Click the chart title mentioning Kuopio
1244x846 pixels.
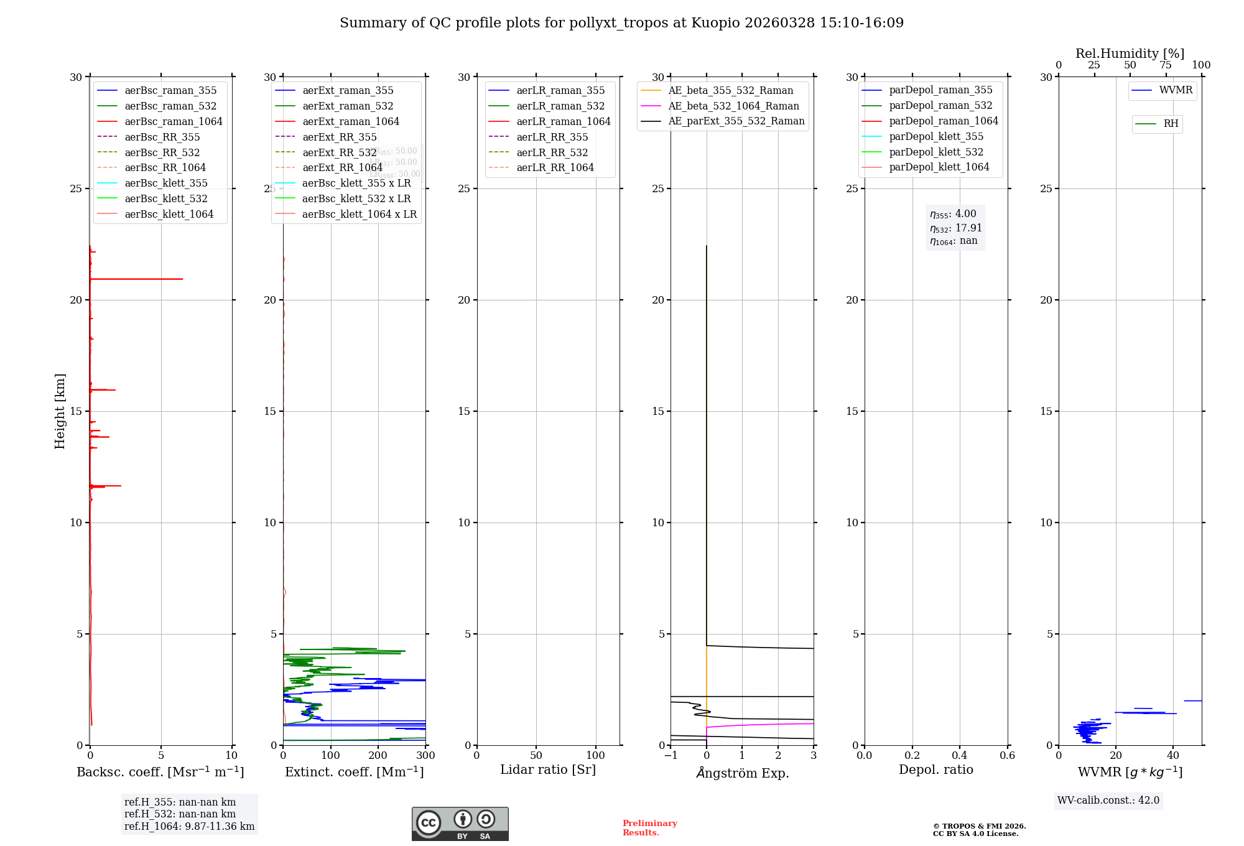pos(621,23)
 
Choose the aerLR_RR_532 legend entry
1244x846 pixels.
pos(552,152)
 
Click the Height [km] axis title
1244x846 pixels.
pos(60,411)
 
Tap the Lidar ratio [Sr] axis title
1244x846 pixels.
pos(548,769)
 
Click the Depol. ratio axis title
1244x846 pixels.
pos(935,769)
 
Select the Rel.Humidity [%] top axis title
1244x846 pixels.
pos(1130,53)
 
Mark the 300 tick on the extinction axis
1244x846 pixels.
pos(425,756)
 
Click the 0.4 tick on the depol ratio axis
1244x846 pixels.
pos(960,756)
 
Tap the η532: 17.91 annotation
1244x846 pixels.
pos(956,228)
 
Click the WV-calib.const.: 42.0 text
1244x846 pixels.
pos(1108,801)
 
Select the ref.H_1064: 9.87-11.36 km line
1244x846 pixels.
pos(189,827)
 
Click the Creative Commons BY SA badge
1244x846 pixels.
pos(460,824)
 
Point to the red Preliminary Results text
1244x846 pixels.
pos(649,828)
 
